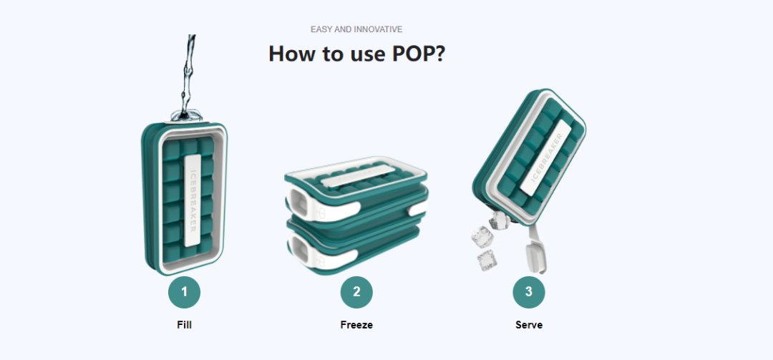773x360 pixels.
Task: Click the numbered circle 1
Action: click(x=185, y=292)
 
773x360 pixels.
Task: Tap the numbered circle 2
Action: click(x=356, y=292)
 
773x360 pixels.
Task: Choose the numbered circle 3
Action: click(x=529, y=292)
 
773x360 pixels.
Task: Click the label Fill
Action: click(x=185, y=325)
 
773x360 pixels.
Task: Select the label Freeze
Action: click(x=356, y=325)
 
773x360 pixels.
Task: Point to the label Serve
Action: click(x=529, y=325)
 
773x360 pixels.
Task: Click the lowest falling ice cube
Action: click(x=486, y=260)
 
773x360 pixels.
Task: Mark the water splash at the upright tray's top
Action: click(x=187, y=115)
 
